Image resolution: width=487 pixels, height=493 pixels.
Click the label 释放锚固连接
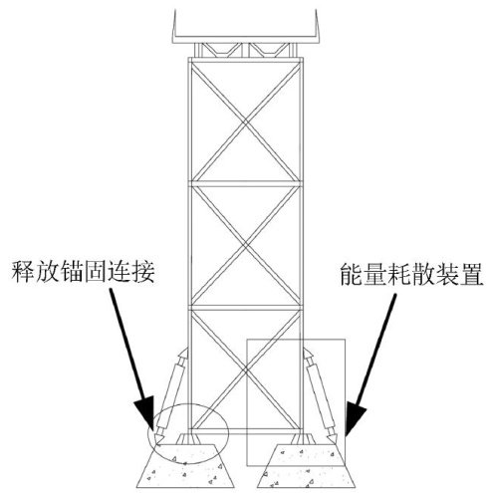83,272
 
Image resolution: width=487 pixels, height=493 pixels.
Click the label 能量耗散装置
411,274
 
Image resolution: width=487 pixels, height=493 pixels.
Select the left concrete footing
185,466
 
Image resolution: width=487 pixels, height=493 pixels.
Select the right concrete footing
306,466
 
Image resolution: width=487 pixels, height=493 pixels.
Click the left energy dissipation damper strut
172,395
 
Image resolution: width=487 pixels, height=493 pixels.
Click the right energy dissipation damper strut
320,395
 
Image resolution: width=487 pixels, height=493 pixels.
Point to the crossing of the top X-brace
246,123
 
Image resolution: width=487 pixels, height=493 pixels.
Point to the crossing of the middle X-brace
246,245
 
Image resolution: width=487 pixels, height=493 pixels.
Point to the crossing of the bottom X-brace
246,370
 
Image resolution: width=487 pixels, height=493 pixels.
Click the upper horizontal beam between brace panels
246,183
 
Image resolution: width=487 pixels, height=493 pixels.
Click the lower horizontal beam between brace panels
246,307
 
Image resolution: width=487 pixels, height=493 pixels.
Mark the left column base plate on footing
190,438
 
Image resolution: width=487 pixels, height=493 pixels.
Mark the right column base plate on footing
302,438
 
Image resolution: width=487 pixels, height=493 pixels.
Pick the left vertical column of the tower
190,246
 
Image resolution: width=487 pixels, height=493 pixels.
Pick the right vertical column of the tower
301,246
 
